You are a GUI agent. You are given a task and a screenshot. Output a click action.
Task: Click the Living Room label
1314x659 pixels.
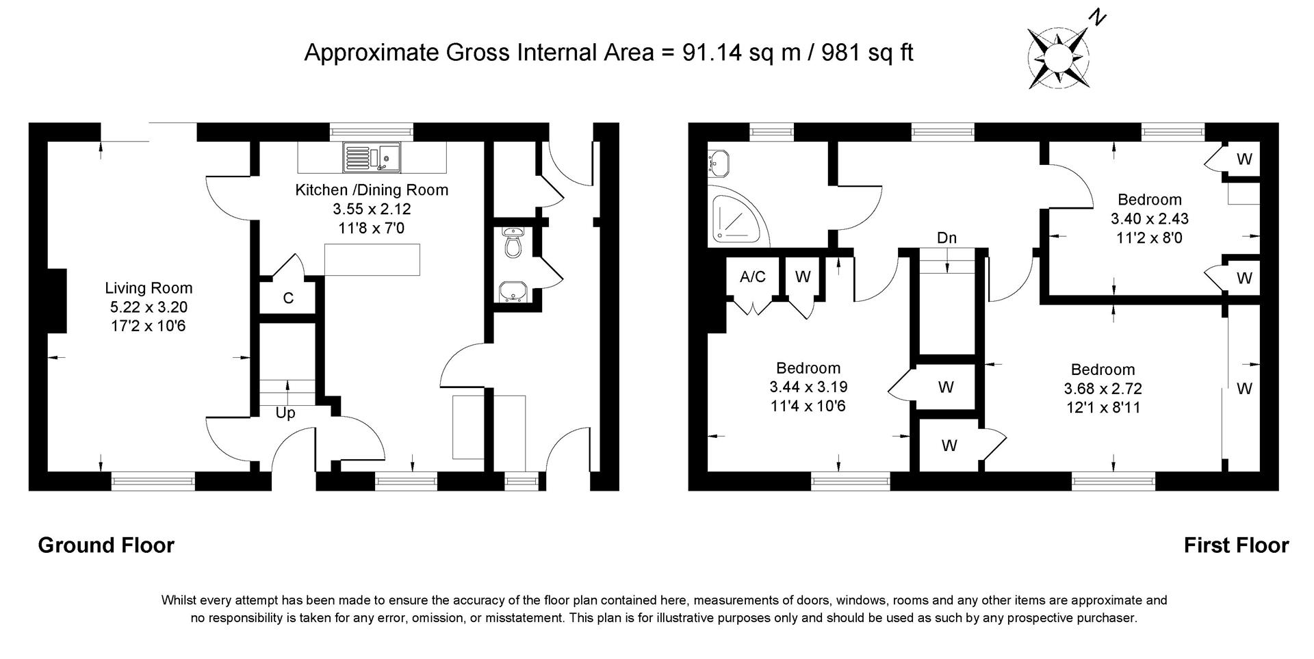coord(149,288)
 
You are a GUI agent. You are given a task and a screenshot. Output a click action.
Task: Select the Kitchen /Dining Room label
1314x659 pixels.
coord(372,190)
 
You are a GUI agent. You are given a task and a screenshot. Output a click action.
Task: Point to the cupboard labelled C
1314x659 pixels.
coord(288,298)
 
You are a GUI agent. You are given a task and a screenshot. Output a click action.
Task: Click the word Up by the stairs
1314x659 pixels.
coord(285,413)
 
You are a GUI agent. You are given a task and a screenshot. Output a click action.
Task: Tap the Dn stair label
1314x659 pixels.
coord(946,238)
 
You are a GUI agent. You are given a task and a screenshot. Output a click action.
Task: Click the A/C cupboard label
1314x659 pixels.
coord(753,276)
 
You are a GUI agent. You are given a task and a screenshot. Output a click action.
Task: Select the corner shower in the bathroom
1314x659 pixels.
coord(736,218)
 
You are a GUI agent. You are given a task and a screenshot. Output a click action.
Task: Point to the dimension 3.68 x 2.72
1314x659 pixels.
coord(1103,389)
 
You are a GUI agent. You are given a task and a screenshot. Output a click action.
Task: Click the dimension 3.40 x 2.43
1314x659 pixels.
coord(1149,219)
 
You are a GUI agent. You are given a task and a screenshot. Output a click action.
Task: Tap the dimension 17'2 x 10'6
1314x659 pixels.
coord(149,326)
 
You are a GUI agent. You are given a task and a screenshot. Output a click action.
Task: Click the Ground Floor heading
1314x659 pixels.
coord(106,545)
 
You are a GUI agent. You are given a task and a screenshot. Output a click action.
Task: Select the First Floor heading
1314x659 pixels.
coord(1236,545)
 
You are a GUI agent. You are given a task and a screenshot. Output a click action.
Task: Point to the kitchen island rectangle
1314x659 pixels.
coord(372,260)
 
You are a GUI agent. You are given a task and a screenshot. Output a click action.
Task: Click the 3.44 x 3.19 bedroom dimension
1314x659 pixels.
coord(808,387)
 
